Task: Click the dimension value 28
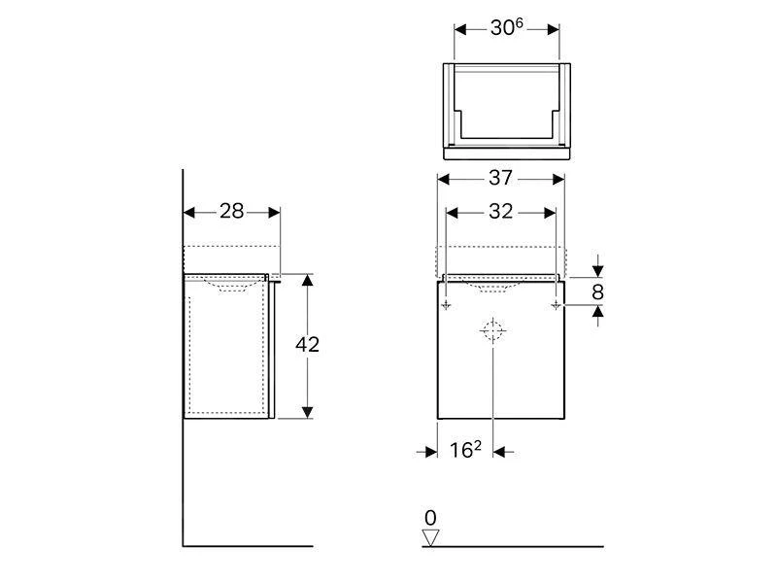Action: coord(231,211)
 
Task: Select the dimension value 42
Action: coord(307,345)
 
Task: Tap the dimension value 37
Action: coord(501,179)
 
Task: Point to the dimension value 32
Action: coord(500,211)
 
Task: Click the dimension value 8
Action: coord(597,291)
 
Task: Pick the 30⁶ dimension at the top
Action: coord(506,27)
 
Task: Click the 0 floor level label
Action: coord(430,518)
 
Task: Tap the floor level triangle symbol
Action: coord(431,537)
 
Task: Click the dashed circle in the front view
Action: coord(492,330)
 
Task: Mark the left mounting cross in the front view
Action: coord(446,306)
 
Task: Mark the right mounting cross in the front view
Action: coord(556,306)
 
